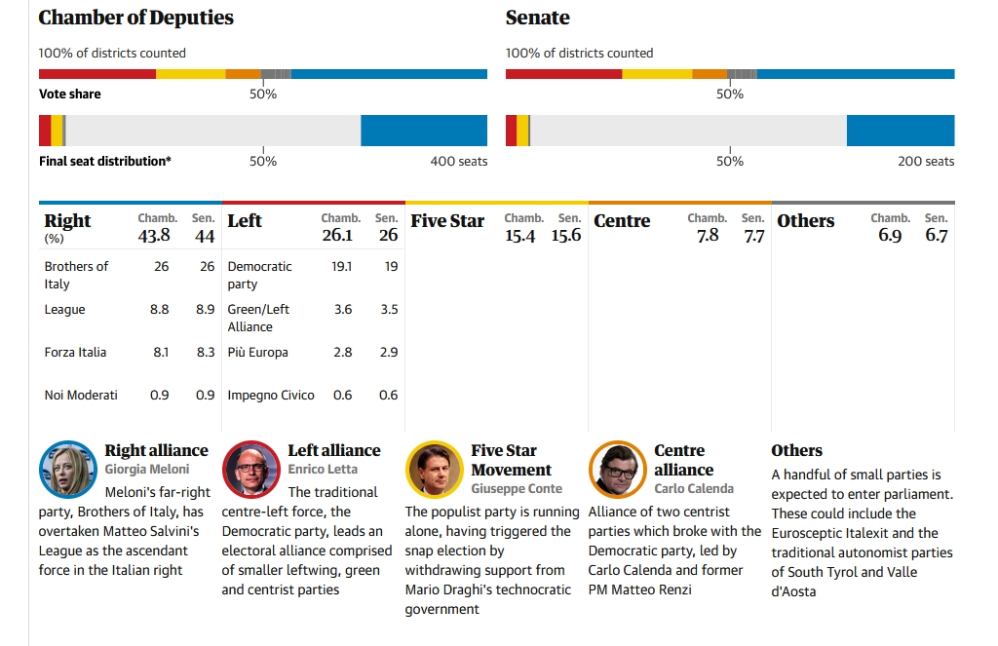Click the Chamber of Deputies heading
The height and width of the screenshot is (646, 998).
(x=136, y=18)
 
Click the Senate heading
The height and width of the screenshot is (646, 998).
(x=537, y=18)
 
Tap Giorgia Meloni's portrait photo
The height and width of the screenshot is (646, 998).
(x=67, y=469)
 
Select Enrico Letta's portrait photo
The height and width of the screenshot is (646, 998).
(x=250, y=469)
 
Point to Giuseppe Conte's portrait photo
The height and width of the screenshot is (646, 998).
(x=434, y=469)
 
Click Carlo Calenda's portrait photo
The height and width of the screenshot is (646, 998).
(x=617, y=469)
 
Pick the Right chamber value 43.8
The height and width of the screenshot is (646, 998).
(x=154, y=235)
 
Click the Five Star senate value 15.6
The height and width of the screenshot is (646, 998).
(x=565, y=235)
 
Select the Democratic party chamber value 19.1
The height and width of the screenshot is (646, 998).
(x=342, y=266)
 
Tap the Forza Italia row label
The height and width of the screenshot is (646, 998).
(x=75, y=352)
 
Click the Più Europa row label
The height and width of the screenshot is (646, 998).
(x=257, y=352)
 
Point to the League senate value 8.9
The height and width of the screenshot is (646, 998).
(x=205, y=309)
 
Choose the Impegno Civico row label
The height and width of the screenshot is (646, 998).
(x=271, y=395)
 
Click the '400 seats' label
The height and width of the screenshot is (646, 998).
(x=458, y=161)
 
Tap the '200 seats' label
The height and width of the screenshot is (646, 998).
(x=926, y=161)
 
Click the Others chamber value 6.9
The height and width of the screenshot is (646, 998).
(x=890, y=235)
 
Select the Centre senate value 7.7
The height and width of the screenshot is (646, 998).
(x=753, y=235)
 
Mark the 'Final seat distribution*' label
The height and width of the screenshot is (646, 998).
(x=105, y=161)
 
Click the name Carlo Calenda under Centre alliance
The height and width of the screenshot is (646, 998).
(x=694, y=488)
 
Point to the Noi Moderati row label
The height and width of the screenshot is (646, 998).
(x=81, y=395)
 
